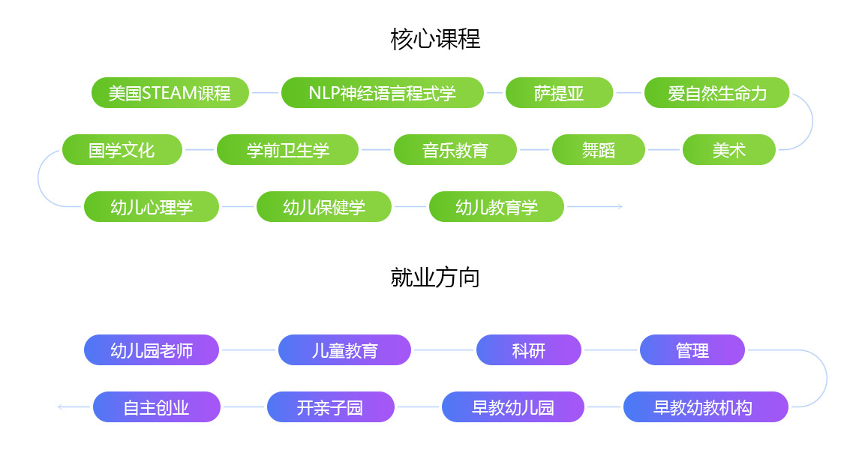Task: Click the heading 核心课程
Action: coord(435,39)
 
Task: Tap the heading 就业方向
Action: coord(435,277)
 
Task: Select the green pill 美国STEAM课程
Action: coord(170,93)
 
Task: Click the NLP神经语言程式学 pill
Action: coord(383,93)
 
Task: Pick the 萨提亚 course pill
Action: coord(559,93)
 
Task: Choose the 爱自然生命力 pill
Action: coord(716,93)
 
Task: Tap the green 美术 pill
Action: coord(728,149)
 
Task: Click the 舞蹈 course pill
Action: coord(598,149)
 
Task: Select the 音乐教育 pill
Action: coord(455,149)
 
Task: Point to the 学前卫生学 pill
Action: coord(287,149)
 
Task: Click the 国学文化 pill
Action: coord(122,149)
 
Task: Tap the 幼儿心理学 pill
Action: coord(151,207)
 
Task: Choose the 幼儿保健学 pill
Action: coord(324,207)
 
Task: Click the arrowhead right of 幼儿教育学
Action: coord(620,207)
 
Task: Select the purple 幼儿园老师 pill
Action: coord(151,349)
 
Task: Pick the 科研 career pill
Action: coord(528,349)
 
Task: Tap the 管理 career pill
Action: coord(692,349)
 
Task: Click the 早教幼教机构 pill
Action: coord(705,407)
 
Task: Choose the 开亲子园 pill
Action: coord(330,407)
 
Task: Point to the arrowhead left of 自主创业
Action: coord(60,407)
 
